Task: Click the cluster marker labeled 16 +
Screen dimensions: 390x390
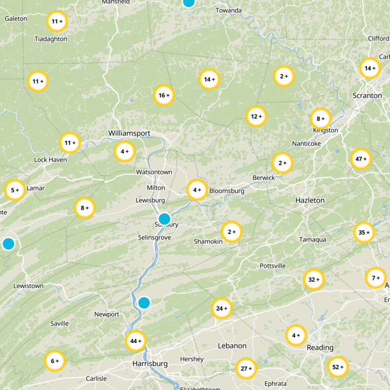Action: tap(164, 96)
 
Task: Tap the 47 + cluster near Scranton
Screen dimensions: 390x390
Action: tap(361, 159)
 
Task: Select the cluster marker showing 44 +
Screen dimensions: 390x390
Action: tap(136, 341)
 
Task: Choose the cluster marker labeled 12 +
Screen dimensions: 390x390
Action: tap(256, 117)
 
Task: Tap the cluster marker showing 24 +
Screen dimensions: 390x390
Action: tap(222, 309)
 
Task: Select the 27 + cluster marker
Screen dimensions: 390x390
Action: tap(246, 369)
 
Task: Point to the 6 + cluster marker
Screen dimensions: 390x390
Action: tap(55, 361)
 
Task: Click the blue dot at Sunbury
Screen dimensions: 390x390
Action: tap(165, 218)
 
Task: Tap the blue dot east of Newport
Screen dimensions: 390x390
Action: tap(144, 303)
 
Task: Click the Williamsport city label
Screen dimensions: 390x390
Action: tap(129, 133)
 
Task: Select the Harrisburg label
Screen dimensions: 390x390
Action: tap(150, 364)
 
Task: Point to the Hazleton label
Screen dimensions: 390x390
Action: tap(310, 200)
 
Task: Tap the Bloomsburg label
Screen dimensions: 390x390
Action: tap(227, 191)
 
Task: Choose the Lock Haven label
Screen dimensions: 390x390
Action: tap(50, 159)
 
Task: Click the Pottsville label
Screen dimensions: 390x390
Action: tap(273, 266)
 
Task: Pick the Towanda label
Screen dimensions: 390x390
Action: tap(229, 11)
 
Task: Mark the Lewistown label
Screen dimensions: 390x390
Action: tap(28, 286)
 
